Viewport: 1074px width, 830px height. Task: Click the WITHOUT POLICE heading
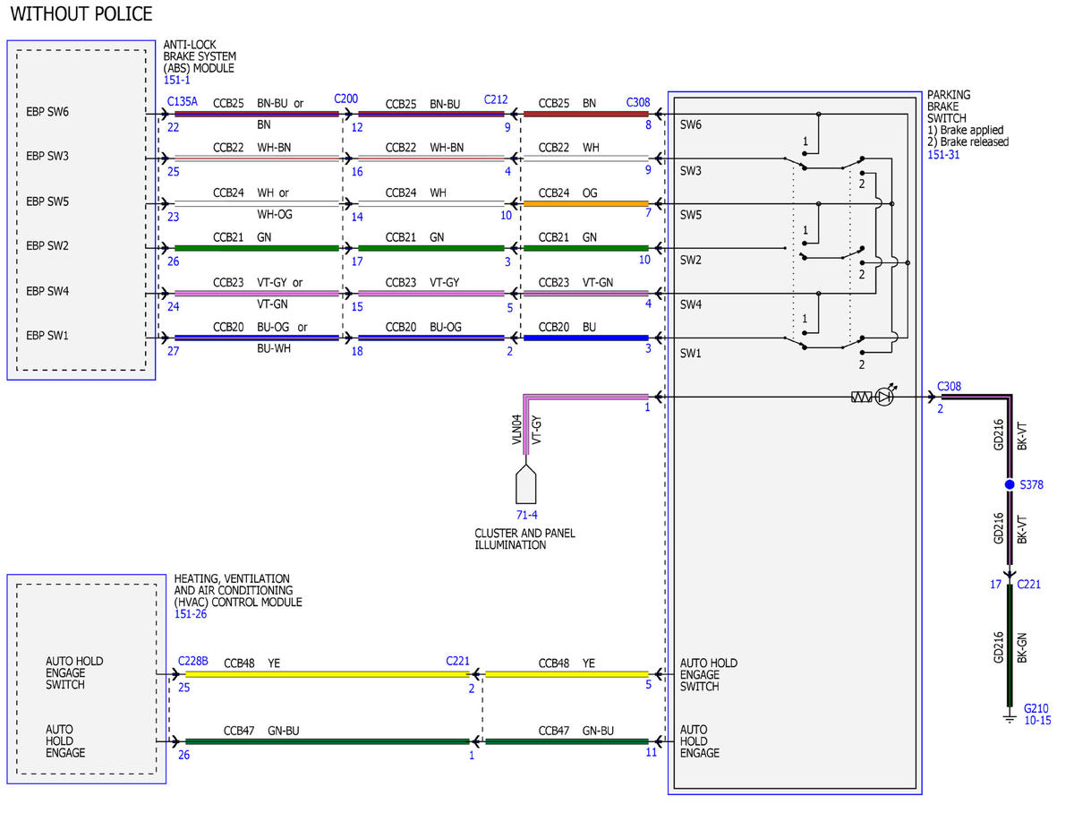(x=81, y=13)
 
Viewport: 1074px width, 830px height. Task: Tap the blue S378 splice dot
(x=1010, y=484)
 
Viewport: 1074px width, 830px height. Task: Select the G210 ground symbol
(x=1010, y=719)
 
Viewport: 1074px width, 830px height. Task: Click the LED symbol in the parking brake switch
(x=884, y=397)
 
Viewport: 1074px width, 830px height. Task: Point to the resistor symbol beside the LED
(x=862, y=397)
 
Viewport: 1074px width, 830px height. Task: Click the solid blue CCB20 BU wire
(x=585, y=338)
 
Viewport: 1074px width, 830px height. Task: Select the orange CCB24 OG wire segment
(x=585, y=203)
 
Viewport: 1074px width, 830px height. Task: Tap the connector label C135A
(x=182, y=101)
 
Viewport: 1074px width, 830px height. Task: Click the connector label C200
(x=345, y=98)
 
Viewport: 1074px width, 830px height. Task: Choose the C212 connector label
(x=495, y=100)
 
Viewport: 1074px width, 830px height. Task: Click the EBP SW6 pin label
(x=47, y=112)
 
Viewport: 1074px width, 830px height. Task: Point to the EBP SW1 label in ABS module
(x=47, y=335)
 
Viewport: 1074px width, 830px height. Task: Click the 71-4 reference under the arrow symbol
(x=526, y=515)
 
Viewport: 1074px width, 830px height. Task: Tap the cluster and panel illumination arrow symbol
(x=526, y=484)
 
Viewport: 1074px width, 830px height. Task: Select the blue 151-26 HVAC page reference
(x=191, y=613)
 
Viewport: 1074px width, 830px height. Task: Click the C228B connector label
(x=192, y=661)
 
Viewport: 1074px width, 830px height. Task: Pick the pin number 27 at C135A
(x=173, y=351)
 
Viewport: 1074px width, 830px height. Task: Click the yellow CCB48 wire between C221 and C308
(x=567, y=674)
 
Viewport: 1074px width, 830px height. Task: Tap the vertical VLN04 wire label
(x=516, y=429)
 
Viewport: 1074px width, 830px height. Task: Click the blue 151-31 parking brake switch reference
(x=943, y=155)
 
